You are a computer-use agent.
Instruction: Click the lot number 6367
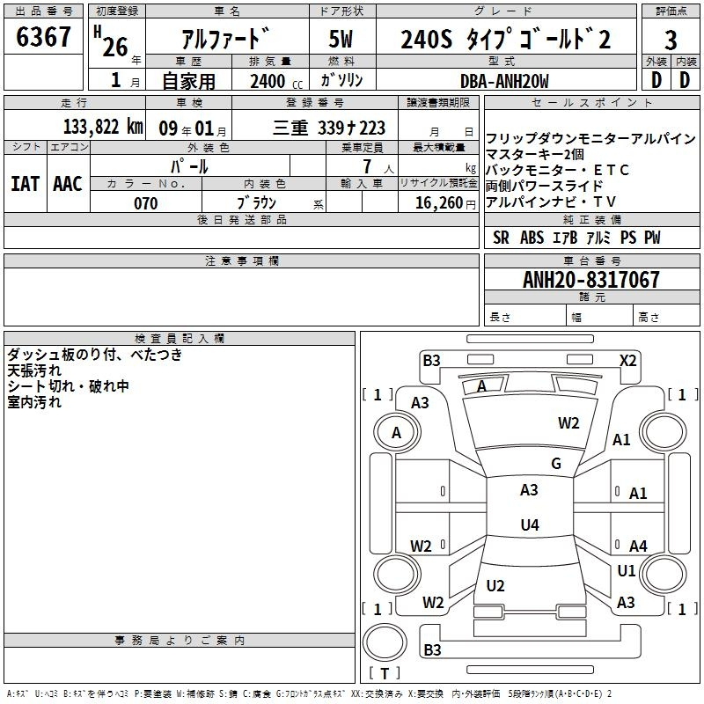point(44,39)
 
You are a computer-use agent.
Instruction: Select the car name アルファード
point(225,40)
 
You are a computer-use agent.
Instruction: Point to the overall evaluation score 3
point(671,40)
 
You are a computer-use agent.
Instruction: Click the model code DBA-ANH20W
point(504,81)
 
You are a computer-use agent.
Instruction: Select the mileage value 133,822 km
point(103,126)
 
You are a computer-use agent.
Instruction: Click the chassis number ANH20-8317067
point(590,280)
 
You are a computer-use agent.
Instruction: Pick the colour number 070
point(145,203)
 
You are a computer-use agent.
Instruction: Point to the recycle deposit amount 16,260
point(436,203)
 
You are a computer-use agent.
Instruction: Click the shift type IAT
point(26,184)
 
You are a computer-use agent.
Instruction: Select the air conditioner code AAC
point(67,184)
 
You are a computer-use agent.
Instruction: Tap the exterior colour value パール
point(189,166)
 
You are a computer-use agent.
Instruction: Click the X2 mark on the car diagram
point(627,360)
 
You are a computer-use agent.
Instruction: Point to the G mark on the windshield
point(555,464)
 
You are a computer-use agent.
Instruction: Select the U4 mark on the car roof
point(529,524)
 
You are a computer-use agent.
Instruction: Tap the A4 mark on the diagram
point(638,546)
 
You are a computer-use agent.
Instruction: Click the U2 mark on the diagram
point(495,585)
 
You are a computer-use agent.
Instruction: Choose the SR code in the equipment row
point(501,238)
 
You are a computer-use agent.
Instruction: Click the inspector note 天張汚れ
point(29,370)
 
